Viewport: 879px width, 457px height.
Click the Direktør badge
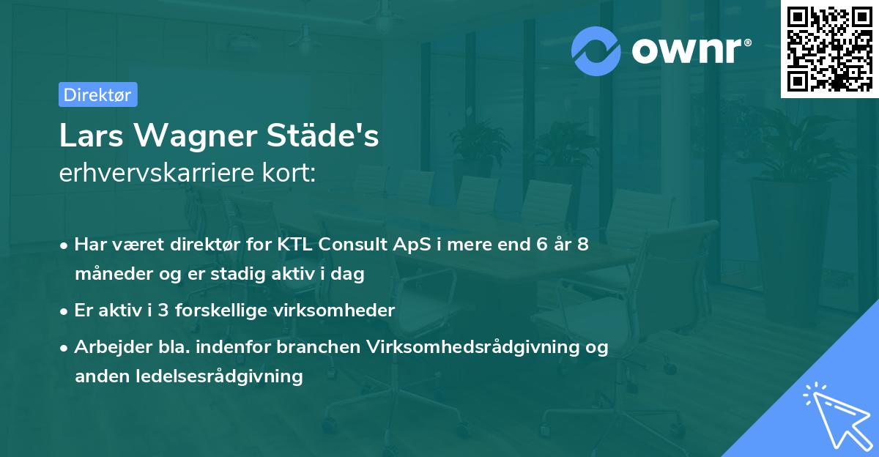click(97, 94)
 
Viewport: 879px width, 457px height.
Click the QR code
click(828, 48)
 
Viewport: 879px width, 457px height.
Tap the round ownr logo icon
click(596, 51)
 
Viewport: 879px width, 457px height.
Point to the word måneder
click(109, 274)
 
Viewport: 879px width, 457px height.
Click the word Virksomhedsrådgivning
click(472, 347)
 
